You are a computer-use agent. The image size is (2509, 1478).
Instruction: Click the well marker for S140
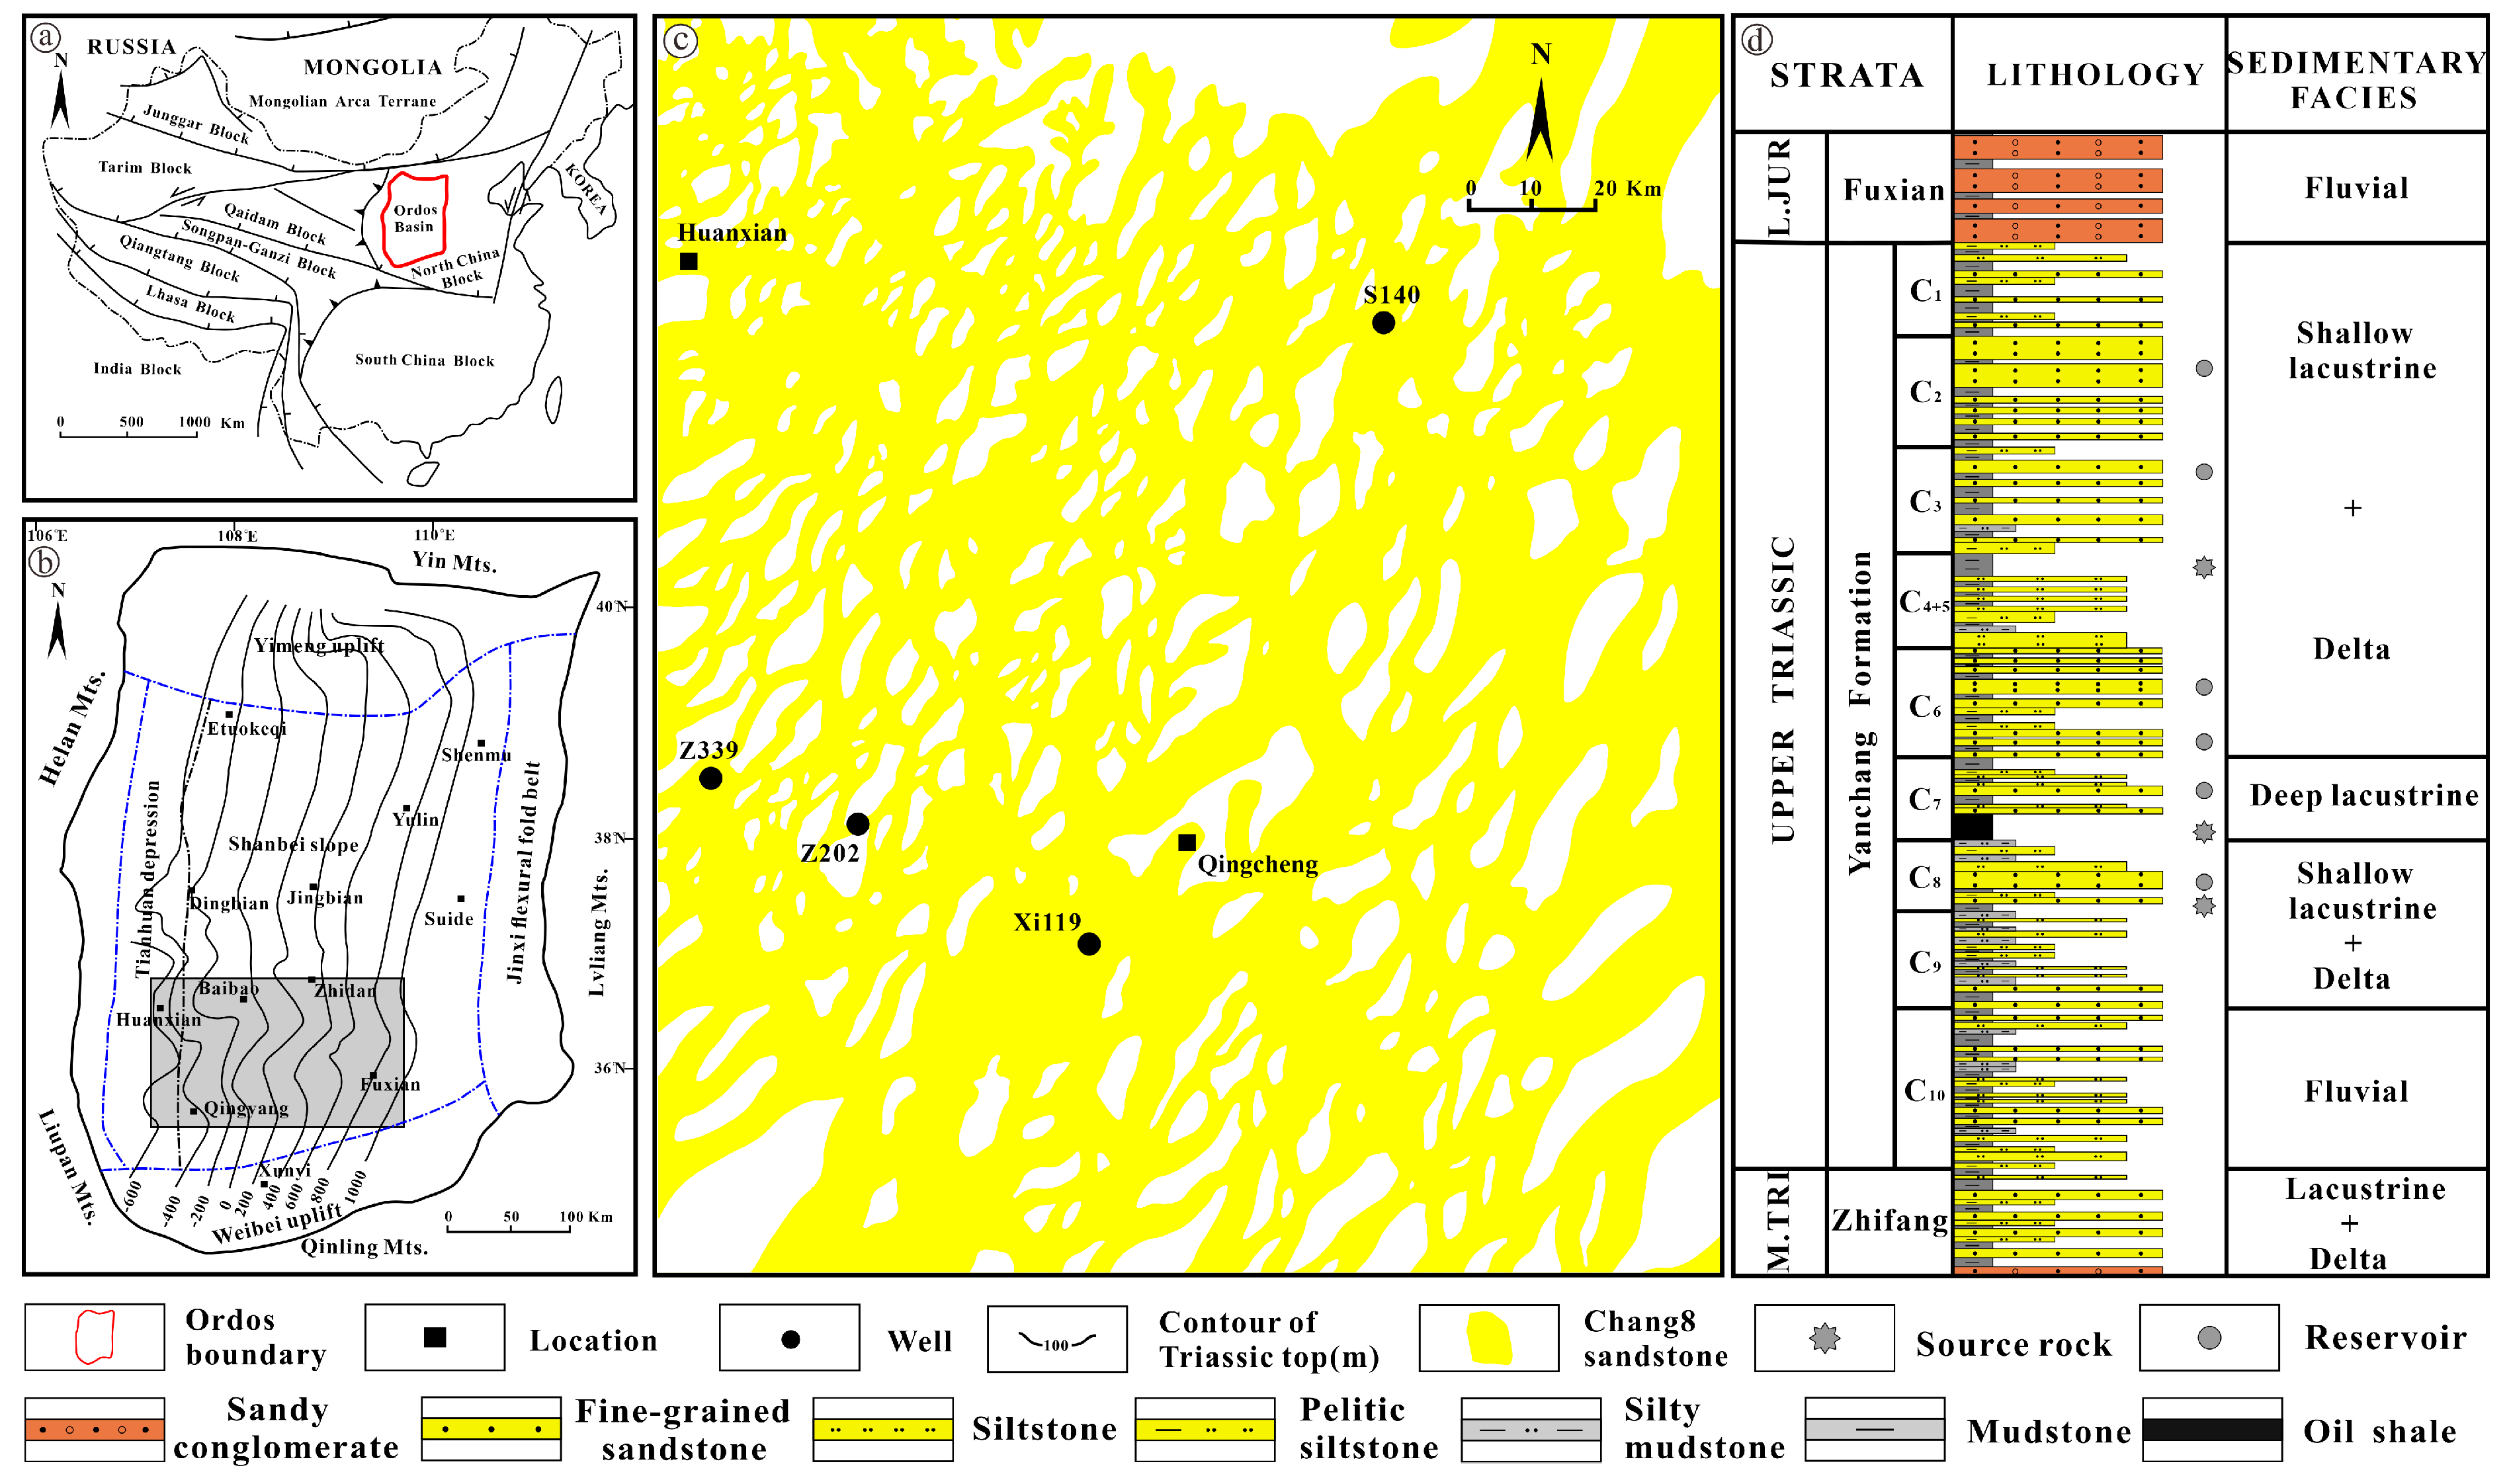click(1382, 323)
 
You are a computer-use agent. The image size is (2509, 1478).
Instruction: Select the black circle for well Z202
click(857, 825)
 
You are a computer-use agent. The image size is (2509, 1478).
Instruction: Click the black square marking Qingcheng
click(1186, 842)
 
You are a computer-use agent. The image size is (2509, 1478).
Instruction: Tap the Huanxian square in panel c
click(688, 262)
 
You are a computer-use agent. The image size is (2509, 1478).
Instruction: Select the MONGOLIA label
click(372, 67)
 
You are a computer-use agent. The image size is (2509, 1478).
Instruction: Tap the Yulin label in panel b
click(415, 819)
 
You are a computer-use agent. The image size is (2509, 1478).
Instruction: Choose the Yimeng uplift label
click(319, 645)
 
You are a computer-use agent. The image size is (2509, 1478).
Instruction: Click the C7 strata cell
click(1924, 799)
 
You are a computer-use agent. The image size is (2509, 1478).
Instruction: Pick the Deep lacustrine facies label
click(2363, 796)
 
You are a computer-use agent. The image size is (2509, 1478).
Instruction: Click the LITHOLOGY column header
click(2095, 75)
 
